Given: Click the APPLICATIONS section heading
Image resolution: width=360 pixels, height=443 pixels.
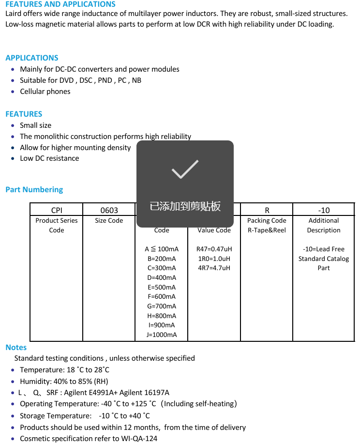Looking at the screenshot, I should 32,58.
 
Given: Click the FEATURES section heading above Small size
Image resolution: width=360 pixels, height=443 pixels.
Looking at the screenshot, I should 24,114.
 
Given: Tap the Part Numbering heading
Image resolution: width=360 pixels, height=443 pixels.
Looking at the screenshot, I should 34,189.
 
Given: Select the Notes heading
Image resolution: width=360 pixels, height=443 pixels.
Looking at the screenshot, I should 16,347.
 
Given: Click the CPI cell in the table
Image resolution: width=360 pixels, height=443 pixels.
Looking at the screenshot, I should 57,210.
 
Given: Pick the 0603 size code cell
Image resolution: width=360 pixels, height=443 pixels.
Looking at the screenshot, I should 109,210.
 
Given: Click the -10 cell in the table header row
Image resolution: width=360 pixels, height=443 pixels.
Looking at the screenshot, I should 324,210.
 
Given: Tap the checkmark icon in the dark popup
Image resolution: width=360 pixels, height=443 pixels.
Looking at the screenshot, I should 185,168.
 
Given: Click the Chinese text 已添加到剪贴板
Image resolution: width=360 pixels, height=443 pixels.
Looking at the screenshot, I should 185,206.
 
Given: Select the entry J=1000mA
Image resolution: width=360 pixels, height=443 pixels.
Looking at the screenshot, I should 162,335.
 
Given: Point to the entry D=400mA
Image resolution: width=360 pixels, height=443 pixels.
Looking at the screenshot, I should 162,277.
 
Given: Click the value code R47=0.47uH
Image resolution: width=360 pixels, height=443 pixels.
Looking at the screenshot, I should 214,249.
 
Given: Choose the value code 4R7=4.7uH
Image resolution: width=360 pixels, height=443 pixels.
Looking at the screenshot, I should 214,268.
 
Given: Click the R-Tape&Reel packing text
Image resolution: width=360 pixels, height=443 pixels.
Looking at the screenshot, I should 267,230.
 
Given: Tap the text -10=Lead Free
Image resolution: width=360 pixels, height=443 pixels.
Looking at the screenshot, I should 324,249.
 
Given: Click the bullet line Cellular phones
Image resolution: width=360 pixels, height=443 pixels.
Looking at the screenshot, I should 45,92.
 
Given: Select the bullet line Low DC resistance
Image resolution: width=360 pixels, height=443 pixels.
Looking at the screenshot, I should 49,158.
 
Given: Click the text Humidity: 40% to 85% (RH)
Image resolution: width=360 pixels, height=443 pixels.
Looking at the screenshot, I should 64,381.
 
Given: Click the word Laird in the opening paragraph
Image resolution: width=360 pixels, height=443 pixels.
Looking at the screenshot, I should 15,14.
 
